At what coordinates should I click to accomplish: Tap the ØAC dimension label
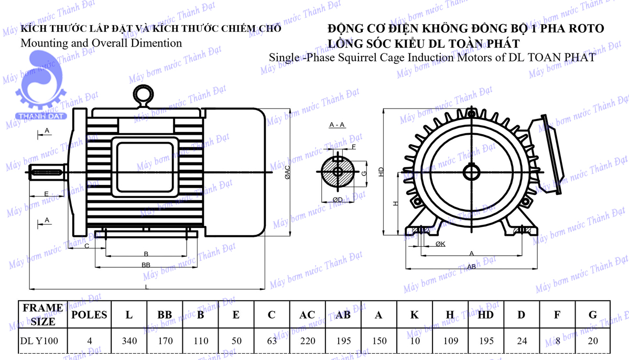[x=287, y=172]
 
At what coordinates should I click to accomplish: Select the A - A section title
[x=337, y=125]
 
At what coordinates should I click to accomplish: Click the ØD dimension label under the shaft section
[x=338, y=199]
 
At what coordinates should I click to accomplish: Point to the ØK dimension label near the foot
[x=440, y=244]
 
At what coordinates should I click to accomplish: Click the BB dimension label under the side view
[x=146, y=265]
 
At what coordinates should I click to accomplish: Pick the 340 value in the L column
[x=129, y=341]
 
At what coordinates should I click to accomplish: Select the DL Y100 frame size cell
[x=39, y=341]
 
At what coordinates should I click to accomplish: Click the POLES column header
[x=89, y=315]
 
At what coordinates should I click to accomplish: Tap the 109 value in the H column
[x=451, y=341]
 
